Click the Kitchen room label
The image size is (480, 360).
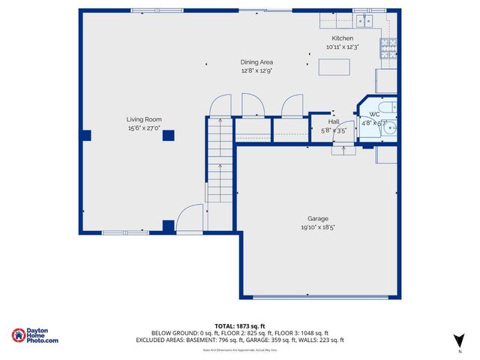coord(342,38)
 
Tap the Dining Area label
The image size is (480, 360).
coord(256,62)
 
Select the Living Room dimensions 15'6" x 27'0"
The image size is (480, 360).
coord(143,128)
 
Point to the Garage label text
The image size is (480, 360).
coord(318,218)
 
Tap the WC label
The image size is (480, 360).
coord(373,115)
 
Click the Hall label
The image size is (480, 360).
coord(334,121)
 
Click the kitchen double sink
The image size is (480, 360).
coord(363,19)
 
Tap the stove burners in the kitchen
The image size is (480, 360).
coord(389,49)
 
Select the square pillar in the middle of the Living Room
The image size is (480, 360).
coord(168,136)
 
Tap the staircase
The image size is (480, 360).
coord(219,161)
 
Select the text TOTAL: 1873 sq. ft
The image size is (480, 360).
coord(239,325)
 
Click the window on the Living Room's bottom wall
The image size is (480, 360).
coord(125,232)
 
